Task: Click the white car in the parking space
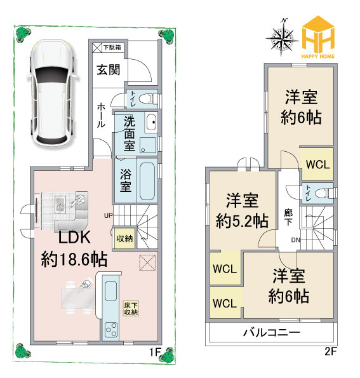[x=53, y=93]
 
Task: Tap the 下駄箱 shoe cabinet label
[x=112, y=48]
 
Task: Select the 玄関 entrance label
[x=109, y=70]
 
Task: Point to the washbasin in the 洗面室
[x=151, y=122]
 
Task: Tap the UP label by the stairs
[x=109, y=215]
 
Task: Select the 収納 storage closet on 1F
[x=124, y=238]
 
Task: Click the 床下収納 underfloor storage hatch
[x=131, y=309]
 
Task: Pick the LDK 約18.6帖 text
[x=74, y=248]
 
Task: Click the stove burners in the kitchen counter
[x=111, y=330]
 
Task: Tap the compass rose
[x=282, y=37]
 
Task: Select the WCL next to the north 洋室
[x=317, y=165]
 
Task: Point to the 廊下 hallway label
[x=288, y=217]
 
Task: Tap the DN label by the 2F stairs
[x=295, y=240]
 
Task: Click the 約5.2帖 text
[x=242, y=221]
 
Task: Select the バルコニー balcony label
[x=272, y=333]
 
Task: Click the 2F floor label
[x=330, y=351]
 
